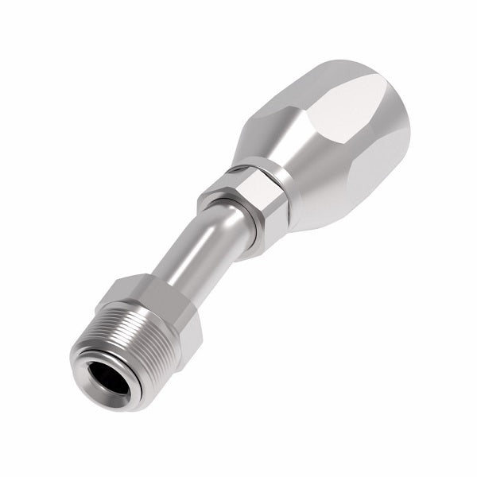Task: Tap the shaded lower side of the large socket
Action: coord(334,199)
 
